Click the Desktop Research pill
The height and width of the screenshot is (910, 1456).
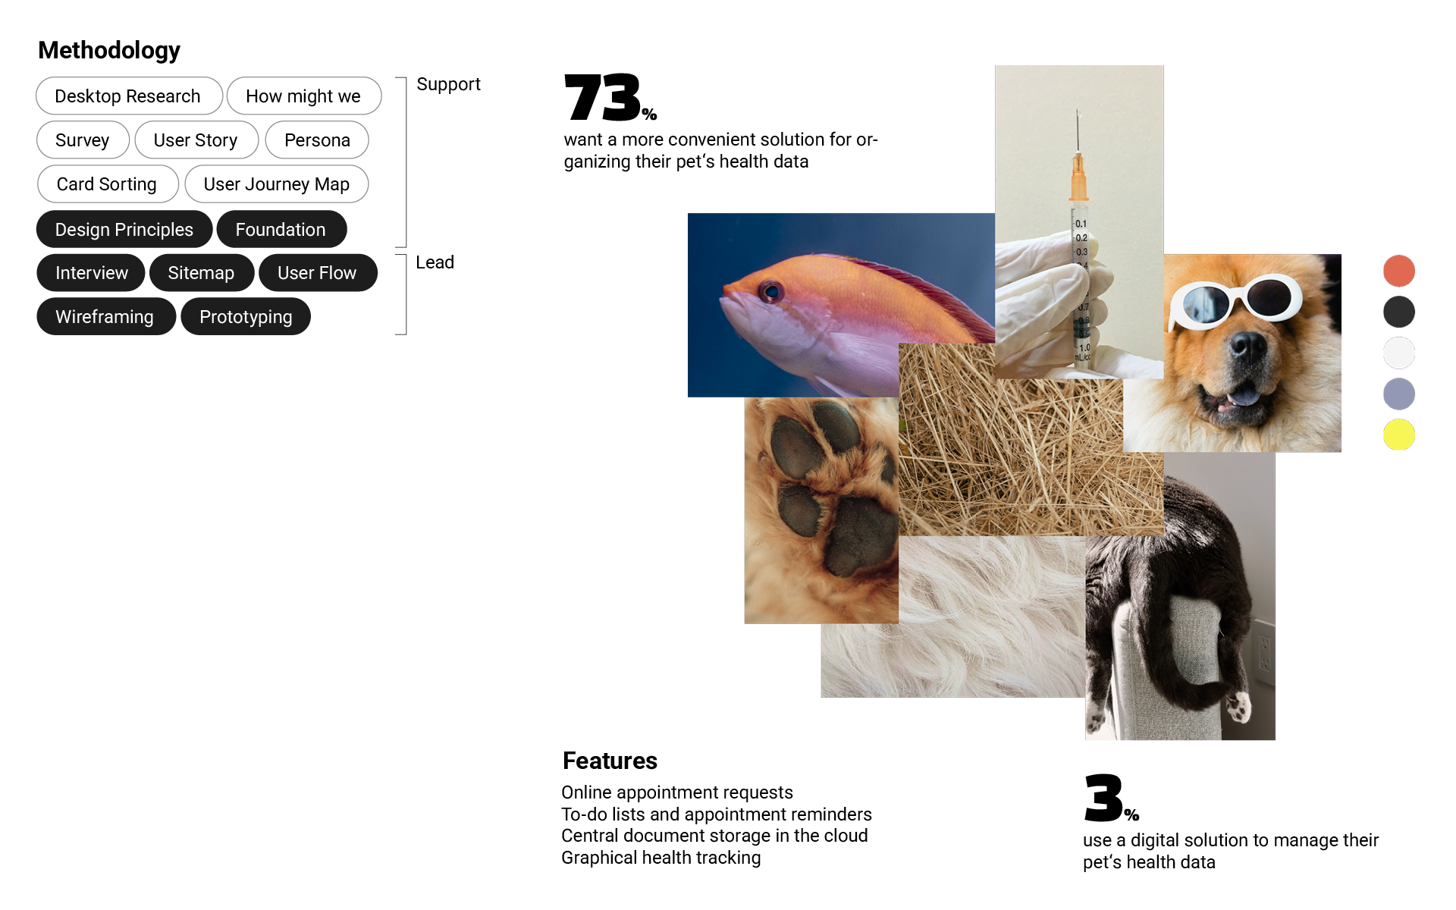[129, 96]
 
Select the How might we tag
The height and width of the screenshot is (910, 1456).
[304, 96]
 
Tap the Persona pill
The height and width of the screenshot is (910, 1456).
[317, 140]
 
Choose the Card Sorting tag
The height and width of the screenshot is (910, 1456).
[108, 184]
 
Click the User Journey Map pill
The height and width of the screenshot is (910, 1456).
[277, 184]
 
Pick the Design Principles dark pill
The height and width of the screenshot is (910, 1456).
[124, 229]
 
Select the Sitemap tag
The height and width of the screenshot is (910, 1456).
[202, 273]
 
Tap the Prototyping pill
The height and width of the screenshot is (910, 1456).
[246, 316]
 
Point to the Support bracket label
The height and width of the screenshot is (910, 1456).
[448, 84]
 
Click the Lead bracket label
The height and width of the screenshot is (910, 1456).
[435, 262]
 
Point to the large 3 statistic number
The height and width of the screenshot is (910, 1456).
[1103, 798]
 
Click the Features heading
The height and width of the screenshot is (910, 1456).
[610, 761]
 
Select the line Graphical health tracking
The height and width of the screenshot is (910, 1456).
[661, 858]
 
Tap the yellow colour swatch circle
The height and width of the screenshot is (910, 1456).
[1399, 435]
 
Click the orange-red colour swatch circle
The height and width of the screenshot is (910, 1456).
[1399, 271]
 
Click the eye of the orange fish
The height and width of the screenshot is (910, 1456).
[770, 291]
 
